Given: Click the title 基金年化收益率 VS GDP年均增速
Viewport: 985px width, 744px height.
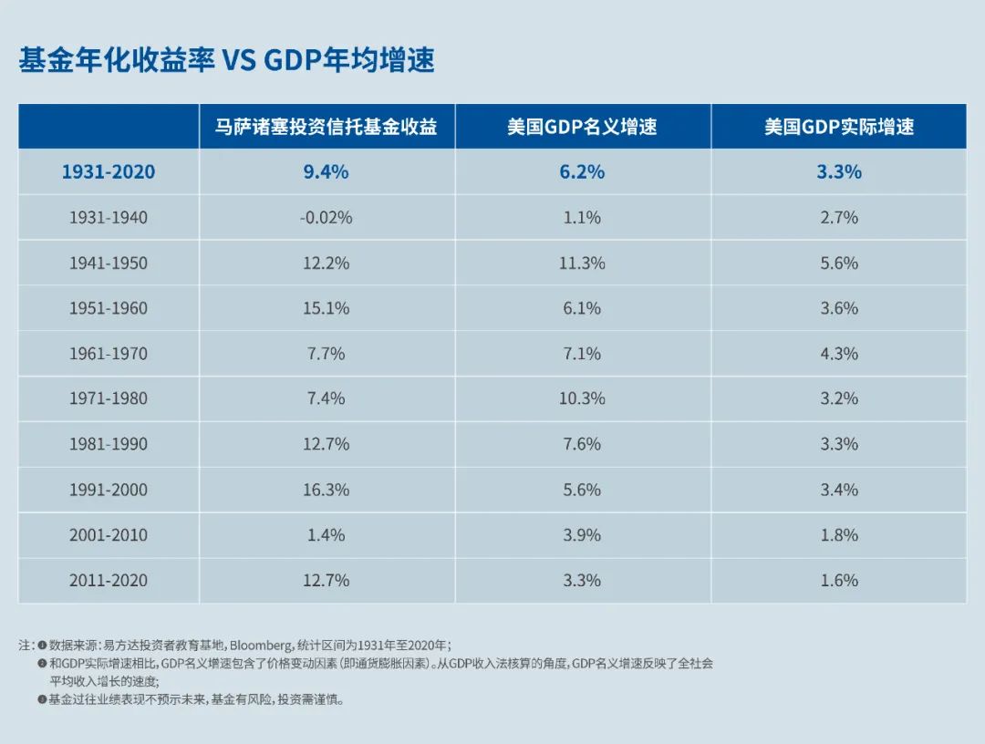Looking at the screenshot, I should tap(226, 61).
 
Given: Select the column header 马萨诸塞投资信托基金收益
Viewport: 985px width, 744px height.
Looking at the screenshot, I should tap(327, 127).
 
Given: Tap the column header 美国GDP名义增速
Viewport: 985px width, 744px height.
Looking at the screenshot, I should tap(582, 127).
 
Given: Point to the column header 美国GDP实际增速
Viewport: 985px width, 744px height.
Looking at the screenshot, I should tap(838, 127).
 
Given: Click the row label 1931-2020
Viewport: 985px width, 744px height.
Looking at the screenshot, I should tap(109, 172).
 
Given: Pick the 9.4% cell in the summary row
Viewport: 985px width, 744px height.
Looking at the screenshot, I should tap(327, 172).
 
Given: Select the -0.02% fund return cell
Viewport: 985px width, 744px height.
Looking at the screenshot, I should tap(327, 218).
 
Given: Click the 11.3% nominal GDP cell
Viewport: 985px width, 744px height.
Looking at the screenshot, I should tap(582, 263).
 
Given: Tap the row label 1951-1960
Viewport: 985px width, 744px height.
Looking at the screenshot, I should tap(109, 308).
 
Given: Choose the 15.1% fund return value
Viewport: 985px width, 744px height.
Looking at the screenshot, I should tap(327, 308).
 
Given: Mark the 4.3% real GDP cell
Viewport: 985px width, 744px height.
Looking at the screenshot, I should tap(838, 354).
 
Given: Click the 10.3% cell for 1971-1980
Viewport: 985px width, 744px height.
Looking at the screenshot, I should tap(582, 398).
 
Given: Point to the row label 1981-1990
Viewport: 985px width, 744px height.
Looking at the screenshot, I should tap(109, 444).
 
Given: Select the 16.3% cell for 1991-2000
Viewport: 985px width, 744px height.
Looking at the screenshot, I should tap(327, 490).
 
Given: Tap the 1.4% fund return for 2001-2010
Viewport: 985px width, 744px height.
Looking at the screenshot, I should tap(327, 535).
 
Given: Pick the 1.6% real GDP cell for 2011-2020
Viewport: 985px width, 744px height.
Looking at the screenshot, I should tap(838, 581).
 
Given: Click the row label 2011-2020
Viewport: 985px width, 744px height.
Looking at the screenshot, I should tap(109, 581).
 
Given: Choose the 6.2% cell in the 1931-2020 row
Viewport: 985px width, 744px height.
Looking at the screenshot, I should tap(582, 172).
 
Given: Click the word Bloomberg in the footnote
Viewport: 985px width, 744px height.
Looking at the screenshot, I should tap(261, 645).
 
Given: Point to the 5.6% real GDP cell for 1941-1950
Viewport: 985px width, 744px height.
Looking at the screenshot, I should tap(838, 263).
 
